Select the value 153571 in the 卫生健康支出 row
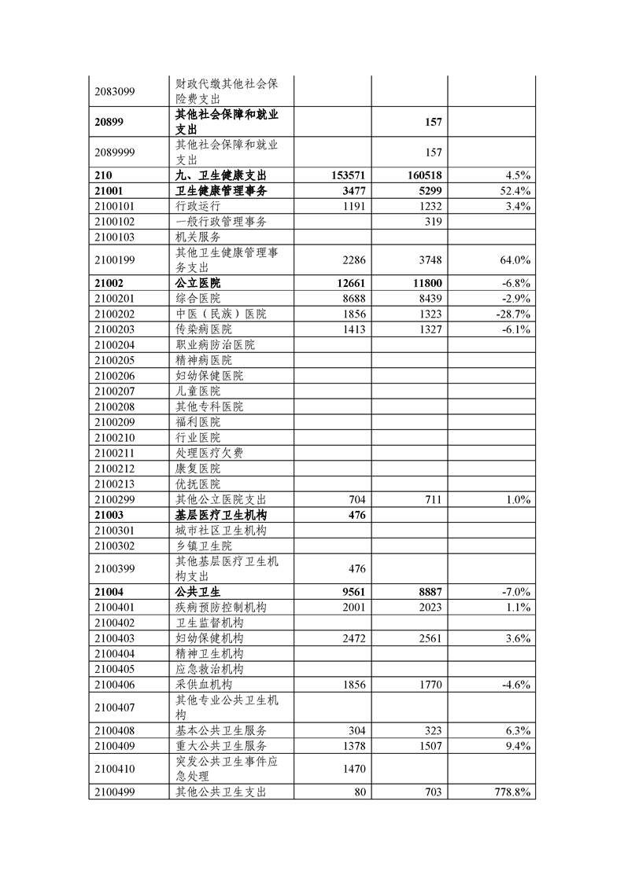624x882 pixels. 344,175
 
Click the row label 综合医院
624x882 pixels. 198,299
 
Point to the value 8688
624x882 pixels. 350,299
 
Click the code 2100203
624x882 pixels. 115,329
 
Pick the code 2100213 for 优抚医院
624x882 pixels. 115,484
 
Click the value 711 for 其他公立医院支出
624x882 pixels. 433,499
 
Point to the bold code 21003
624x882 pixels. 109,515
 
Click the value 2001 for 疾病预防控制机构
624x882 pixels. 350,608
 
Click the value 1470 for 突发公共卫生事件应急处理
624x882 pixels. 350,770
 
